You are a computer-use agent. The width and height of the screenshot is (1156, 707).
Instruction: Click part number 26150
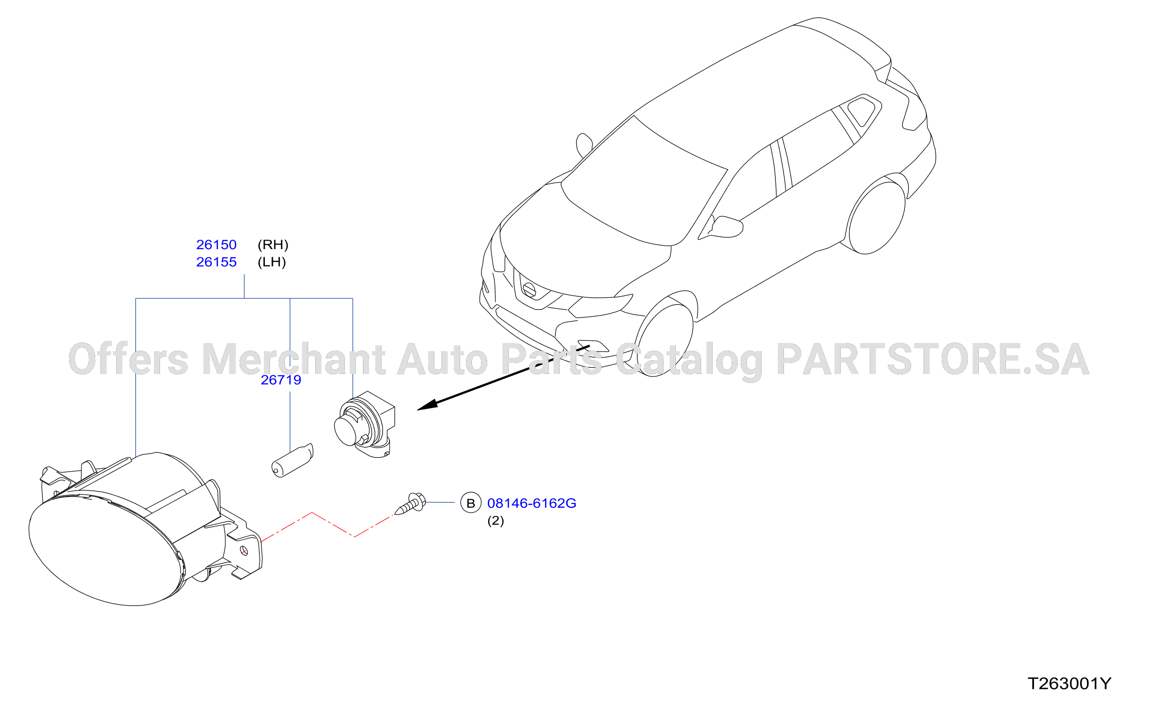[216, 245]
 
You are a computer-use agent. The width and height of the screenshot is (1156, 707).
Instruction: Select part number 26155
[216, 262]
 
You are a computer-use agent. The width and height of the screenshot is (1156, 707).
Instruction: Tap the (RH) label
[273, 245]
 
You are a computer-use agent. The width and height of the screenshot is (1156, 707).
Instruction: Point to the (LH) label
[271, 262]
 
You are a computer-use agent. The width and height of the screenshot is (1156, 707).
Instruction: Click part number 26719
[281, 380]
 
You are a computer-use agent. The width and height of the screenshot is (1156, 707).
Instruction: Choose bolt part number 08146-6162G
[532, 503]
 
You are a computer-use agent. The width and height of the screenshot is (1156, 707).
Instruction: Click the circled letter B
[471, 503]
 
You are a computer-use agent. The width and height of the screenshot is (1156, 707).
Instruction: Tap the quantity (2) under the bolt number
[495, 521]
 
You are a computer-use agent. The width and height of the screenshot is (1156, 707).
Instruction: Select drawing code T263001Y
[1069, 684]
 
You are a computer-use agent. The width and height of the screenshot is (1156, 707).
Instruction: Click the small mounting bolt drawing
[410, 504]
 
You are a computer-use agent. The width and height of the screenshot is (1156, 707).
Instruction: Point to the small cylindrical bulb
[292, 460]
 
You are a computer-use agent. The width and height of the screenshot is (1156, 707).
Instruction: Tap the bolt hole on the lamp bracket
[244, 551]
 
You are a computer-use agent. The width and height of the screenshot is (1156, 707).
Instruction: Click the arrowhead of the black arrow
[427, 404]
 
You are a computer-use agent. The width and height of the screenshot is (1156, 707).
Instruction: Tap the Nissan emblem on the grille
[529, 290]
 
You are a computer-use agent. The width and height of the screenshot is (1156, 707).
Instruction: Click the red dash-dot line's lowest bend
[354, 537]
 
